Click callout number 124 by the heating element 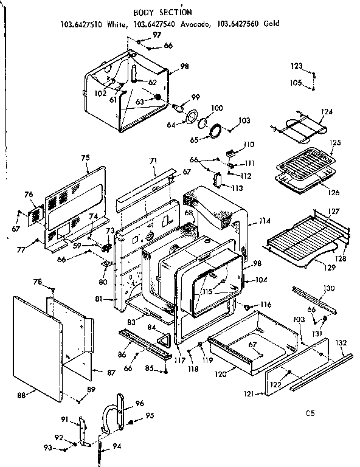tap(327, 112)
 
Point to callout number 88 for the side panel tap(21, 395)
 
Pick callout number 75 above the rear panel tap(85, 158)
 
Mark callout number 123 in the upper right tap(296, 66)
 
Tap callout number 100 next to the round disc tap(216, 108)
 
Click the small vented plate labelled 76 tap(35, 213)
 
